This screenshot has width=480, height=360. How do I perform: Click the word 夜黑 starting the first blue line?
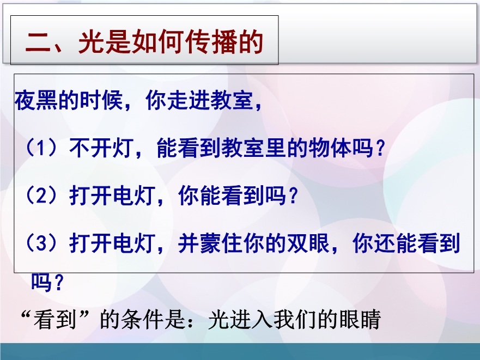[x=36, y=100]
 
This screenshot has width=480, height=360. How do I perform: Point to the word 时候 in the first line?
[x=101, y=100]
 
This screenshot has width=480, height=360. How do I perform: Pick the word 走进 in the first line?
[x=188, y=100]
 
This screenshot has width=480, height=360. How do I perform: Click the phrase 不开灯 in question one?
[x=101, y=148]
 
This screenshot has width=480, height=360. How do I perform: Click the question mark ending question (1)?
[x=380, y=148]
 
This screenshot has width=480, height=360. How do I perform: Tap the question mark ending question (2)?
[x=293, y=196]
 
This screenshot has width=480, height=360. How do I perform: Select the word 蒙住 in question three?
[x=221, y=243]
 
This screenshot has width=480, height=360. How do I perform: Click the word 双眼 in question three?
[x=308, y=243]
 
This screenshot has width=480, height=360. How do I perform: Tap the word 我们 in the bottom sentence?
[x=295, y=320]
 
